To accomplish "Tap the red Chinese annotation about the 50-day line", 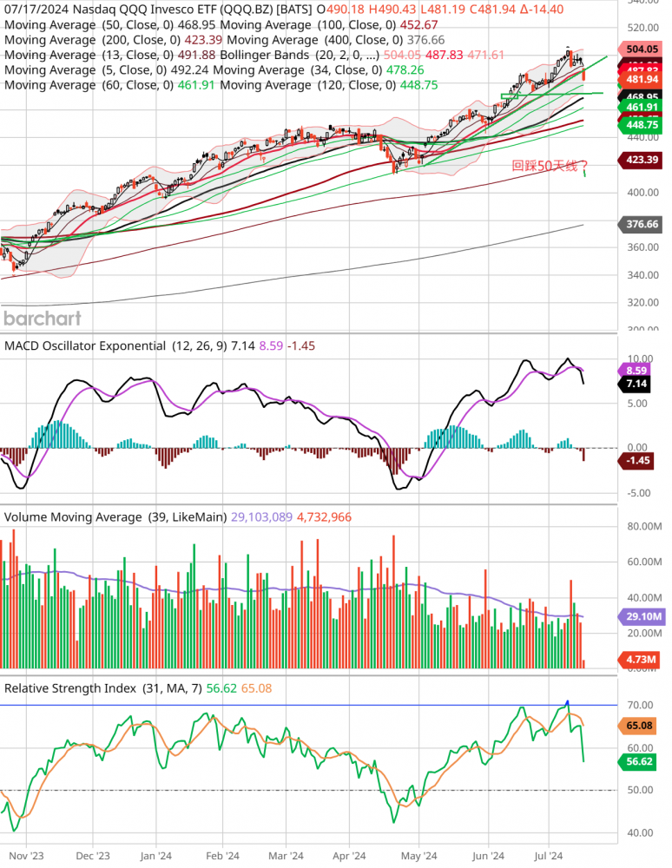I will coord(550,165).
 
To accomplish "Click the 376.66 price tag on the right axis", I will coord(644,224).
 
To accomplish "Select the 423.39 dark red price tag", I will coord(644,160).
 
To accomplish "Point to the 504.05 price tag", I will coord(644,49).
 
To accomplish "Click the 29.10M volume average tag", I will coord(644,616).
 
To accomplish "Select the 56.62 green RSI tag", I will coord(644,762).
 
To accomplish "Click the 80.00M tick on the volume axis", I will coord(644,526).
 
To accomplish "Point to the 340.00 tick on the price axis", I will coord(644,275).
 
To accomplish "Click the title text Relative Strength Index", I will coord(70,688).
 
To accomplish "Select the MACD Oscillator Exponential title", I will coord(85,345).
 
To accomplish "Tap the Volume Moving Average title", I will coord(73,516).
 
